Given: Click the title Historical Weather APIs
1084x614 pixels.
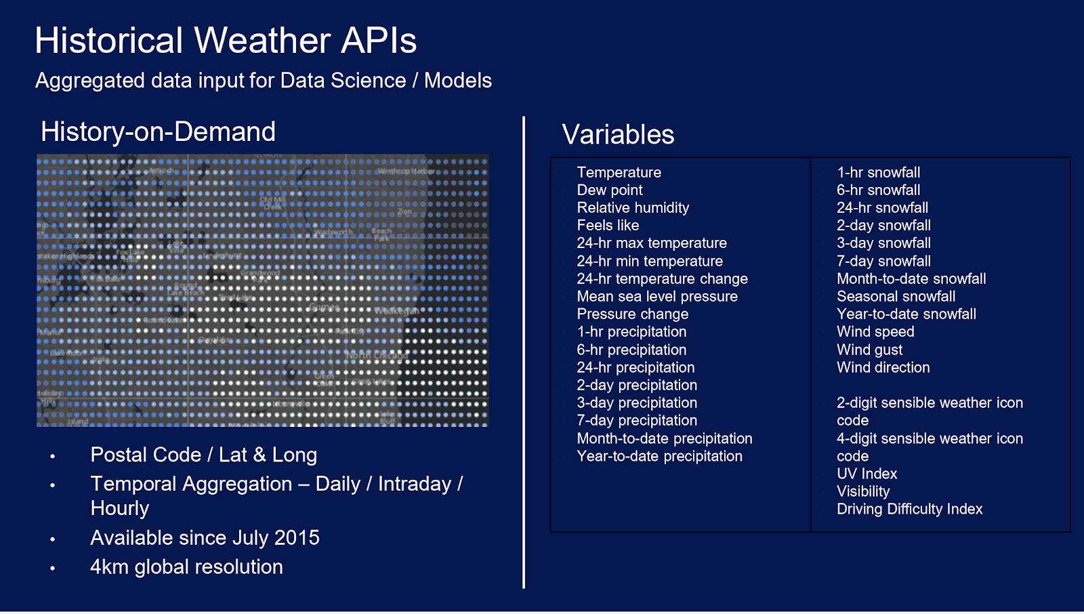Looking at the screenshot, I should pos(226,41).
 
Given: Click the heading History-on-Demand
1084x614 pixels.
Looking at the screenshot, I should pos(158,131).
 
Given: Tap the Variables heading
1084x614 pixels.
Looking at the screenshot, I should pos(618,134).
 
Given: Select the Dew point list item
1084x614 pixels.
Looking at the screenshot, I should pos(610,190).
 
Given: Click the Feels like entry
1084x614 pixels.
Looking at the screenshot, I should pos(608,226).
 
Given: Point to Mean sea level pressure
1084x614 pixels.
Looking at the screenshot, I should pos(657,297).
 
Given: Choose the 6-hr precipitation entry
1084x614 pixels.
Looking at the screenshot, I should pos(631,350).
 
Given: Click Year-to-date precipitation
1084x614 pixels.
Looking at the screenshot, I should pos(659,457).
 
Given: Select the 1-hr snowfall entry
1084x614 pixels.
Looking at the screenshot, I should pos(878,173).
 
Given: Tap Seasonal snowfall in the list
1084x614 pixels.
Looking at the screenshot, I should pos(896,297).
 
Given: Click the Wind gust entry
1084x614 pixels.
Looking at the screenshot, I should pos(869,350).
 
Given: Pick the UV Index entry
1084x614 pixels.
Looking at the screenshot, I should pos(867,474).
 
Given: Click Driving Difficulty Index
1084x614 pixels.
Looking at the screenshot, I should pos(909,510).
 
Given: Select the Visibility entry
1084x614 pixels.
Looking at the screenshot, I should pos(863,492).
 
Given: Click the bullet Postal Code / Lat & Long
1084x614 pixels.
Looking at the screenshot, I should pos(203,455).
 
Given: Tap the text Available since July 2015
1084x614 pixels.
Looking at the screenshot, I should pos(205,538).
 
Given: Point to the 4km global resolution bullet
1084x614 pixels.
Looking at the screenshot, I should pos(186,567).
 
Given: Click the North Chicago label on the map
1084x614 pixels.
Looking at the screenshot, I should pos(377,356).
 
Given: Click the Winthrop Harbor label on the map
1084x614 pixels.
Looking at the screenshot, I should pos(406,171).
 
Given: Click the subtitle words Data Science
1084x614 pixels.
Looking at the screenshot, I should pos(343,81).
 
